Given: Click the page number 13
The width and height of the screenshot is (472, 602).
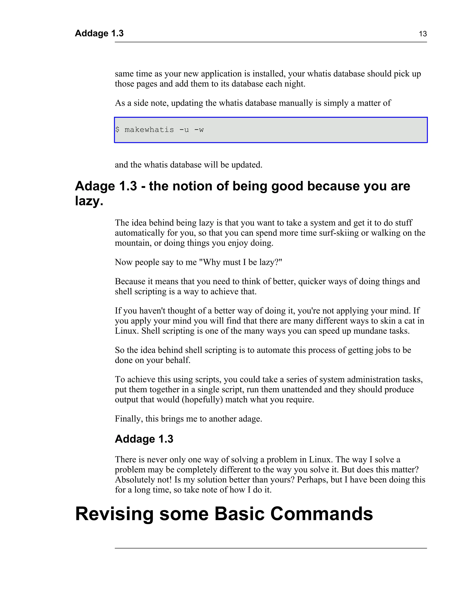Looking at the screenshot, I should coord(423,34).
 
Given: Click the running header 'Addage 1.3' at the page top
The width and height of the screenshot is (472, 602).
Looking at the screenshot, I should coord(99,33).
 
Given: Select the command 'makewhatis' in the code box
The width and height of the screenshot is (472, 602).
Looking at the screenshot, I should coord(149,130).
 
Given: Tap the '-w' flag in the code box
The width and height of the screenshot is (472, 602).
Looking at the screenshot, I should coord(199,130).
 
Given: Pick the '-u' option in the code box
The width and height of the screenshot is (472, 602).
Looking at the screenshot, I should coord(184,130).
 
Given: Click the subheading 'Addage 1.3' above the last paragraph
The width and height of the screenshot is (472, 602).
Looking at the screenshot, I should coord(144,439).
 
